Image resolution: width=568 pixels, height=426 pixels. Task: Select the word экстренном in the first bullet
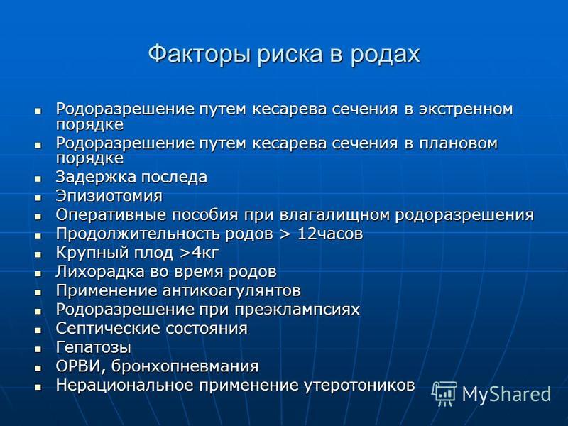click(466, 109)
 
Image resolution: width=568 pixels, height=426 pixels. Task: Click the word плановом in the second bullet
click(458, 143)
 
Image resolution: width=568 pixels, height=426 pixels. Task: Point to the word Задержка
click(96, 177)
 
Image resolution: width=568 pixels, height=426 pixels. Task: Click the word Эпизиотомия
click(109, 196)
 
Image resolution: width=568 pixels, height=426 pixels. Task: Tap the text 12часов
click(330, 234)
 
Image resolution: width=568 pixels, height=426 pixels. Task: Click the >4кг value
click(200, 253)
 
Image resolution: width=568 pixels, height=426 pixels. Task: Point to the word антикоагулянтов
click(231, 290)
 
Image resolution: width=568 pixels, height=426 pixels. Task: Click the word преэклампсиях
click(297, 310)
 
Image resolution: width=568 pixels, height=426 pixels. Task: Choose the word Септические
click(109, 328)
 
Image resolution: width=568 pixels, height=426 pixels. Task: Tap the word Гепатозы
click(93, 347)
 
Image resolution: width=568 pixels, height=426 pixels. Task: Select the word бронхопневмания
click(185, 366)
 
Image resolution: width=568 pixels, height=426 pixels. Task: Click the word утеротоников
click(359, 385)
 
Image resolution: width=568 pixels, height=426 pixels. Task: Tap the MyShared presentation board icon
click(444, 393)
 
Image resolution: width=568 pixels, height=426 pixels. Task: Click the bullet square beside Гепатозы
click(38, 349)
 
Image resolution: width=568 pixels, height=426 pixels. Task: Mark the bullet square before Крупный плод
click(38, 255)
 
